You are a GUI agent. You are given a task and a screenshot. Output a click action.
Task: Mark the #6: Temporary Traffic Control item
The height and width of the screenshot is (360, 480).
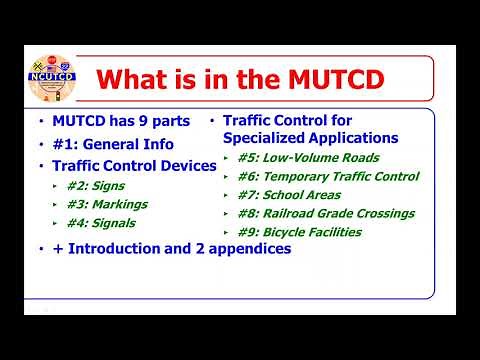328,177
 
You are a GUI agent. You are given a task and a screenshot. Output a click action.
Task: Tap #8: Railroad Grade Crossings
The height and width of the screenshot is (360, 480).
325,214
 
